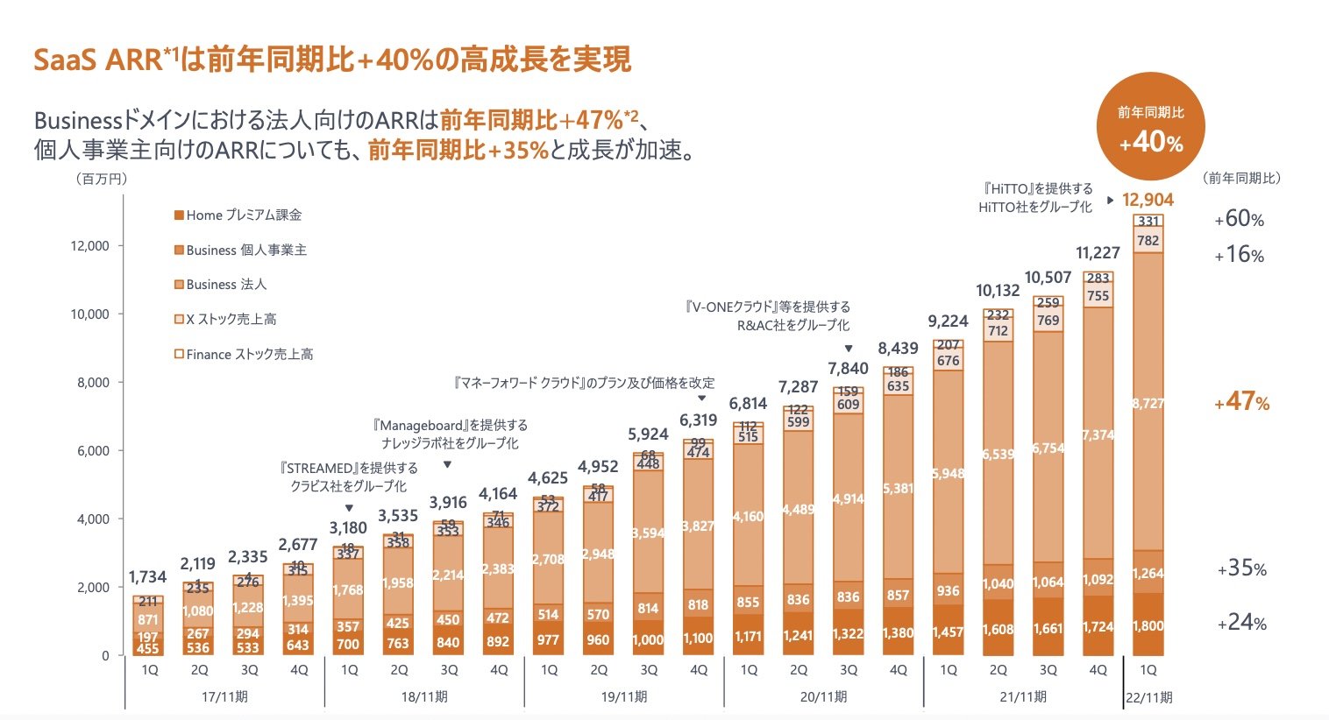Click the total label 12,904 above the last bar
1148,200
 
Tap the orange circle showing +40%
1150,128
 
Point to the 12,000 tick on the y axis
90,246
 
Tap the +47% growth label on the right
1241,403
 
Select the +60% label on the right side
1239,220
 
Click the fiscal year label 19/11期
623,697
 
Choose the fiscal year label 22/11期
1148,698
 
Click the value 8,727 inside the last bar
1148,404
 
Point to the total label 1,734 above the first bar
147,577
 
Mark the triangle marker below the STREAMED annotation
349,508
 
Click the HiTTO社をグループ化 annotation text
1035,208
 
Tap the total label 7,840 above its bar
848,369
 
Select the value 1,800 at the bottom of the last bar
1148,626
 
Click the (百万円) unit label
102,179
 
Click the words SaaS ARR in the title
96,60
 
